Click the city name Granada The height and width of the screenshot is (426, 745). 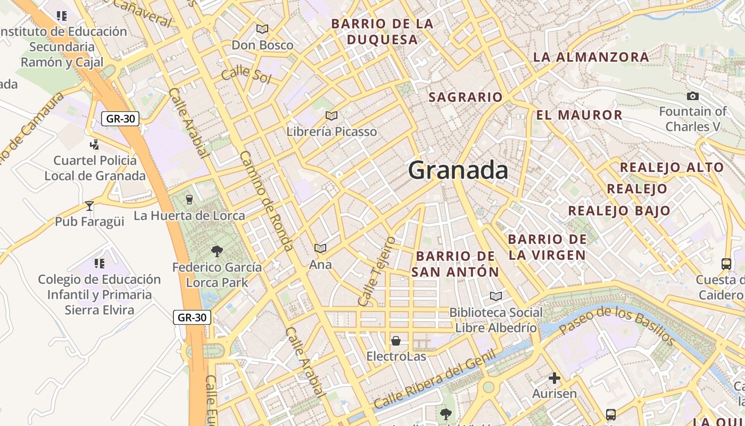tap(458, 170)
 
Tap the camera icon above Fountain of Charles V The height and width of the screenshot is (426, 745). tap(692, 96)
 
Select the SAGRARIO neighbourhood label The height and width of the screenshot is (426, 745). tap(465, 97)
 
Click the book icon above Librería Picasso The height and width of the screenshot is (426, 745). tap(332, 116)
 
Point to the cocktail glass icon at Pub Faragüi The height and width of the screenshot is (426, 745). tap(89, 206)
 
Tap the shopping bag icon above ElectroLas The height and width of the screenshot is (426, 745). tap(396, 341)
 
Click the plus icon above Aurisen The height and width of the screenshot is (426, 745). tap(554, 378)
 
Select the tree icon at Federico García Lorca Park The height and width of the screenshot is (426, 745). tap(217, 251)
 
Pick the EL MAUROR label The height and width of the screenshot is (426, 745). tap(579, 115)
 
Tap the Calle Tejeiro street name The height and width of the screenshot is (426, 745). tap(377, 272)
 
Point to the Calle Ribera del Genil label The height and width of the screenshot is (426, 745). tap(435, 379)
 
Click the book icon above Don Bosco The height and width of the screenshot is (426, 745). tap(262, 29)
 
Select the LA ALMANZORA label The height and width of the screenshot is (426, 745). tap(591, 57)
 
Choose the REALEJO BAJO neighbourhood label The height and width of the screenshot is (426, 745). tap(619, 210)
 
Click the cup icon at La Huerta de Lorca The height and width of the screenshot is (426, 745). tap(189, 200)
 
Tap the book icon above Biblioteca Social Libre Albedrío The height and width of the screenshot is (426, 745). tap(495, 296)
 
